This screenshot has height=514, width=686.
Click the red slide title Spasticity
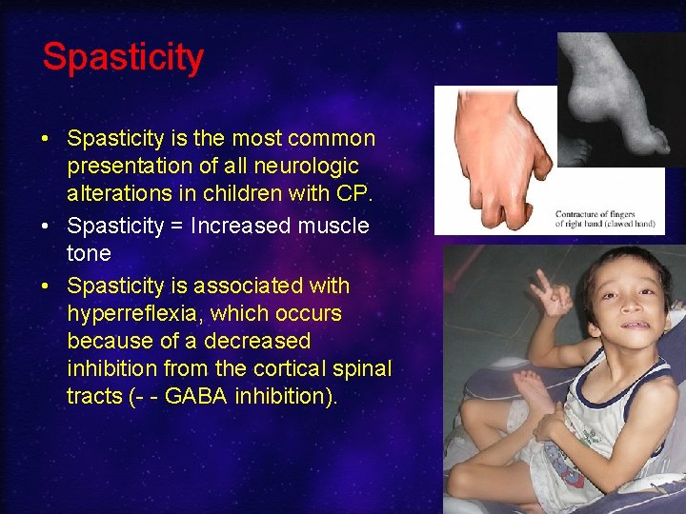[x=123, y=58]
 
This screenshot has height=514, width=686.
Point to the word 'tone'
[x=89, y=254]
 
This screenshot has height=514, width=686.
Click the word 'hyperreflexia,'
[x=134, y=313]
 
